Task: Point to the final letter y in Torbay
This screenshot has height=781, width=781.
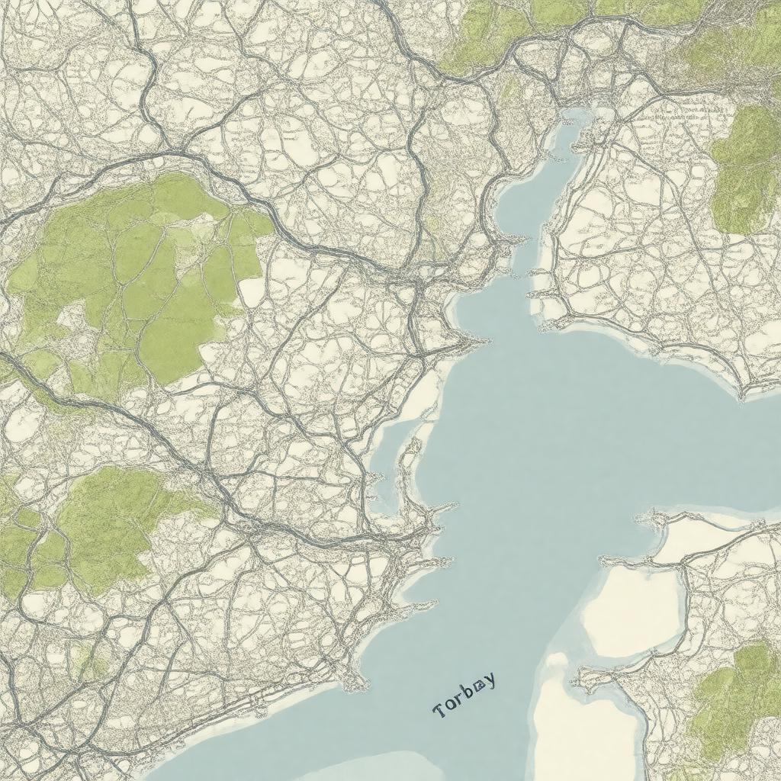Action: pos(489,679)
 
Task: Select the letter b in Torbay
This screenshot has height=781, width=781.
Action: pos(468,691)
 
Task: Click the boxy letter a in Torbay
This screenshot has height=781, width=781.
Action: pos(479,686)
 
